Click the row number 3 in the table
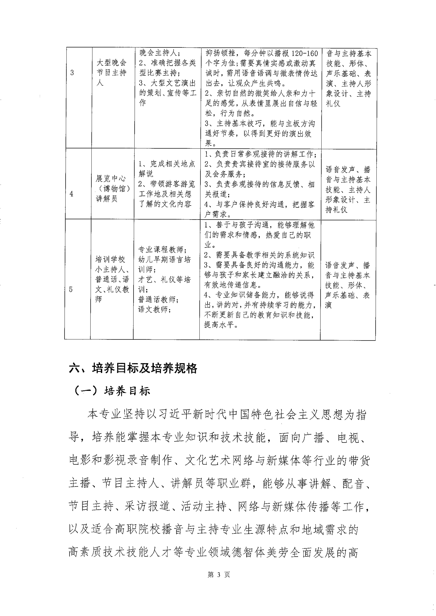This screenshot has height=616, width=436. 72,73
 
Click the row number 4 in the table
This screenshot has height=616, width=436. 71,194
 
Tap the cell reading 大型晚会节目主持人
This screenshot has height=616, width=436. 112,73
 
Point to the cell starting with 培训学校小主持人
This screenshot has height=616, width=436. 112,279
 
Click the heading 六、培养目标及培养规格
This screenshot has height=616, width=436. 133,368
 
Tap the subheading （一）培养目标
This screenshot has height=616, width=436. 112,391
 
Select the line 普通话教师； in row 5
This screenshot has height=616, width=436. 158,300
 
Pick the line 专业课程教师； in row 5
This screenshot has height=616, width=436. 162,249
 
